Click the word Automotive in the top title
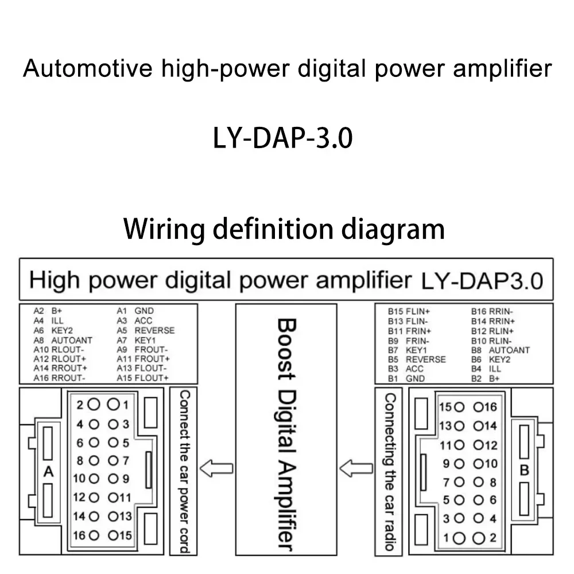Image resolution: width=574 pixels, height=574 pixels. click(x=87, y=69)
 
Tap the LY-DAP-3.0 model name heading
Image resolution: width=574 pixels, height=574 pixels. click(x=282, y=139)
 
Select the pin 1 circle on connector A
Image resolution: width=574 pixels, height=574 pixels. click(x=114, y=405)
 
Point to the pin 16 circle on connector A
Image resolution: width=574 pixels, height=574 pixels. click(x=95, y=536)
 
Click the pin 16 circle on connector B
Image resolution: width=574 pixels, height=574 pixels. click(x=479, y=408)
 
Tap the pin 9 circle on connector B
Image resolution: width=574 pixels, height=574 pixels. click(x=459, y=464)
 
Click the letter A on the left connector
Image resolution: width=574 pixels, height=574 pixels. click(x=49, y=472)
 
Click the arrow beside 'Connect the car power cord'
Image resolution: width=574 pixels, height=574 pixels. click(x=220, y=468)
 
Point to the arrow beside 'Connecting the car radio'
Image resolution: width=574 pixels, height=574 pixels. click(x=356, y=468)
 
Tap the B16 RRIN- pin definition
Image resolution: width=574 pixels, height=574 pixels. click(x=492, y=311)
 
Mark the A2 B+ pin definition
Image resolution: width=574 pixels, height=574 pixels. click(x=48, y=311)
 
